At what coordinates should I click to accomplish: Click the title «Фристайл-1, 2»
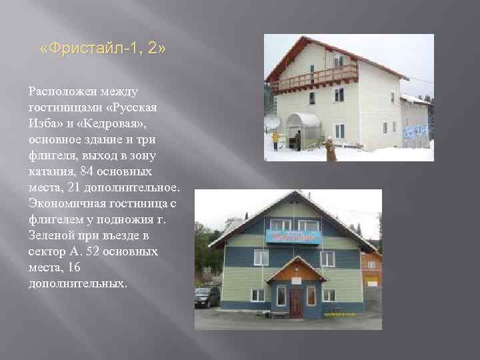click(103, 49)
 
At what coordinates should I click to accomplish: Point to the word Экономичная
click(67, 204)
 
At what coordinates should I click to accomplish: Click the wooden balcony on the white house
click(314, 79)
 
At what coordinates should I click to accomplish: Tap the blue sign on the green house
click(293, 237)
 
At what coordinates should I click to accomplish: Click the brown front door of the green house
click(296, 302)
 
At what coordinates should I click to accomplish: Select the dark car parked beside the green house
click(207, 297)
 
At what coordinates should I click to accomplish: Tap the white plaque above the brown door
click(296, 281)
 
